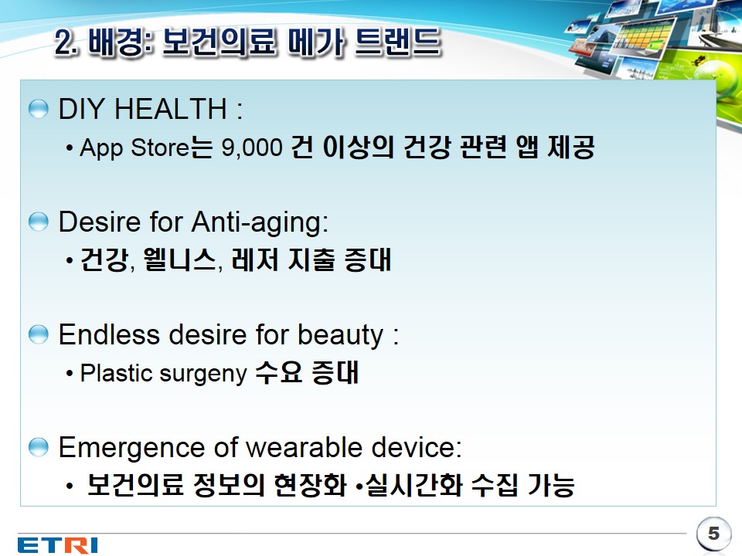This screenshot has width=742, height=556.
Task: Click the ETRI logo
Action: coord(58,544)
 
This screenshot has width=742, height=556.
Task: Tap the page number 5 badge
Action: coord(713,534)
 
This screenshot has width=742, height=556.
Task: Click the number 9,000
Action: coord(252,147)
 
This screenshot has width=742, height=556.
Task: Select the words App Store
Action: coord(134,147)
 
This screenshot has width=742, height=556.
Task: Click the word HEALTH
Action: coord(170,109)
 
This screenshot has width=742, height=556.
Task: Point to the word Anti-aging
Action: coord(260,222)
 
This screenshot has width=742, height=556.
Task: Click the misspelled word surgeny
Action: coord(203,374)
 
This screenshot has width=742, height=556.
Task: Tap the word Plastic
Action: coord(117,372)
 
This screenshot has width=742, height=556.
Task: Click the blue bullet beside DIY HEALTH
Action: coord(39,109)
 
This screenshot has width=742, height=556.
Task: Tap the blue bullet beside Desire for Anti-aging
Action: coord(39,222)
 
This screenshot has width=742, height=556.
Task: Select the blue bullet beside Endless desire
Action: coord(39,334)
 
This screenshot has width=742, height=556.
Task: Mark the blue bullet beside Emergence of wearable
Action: coord(39,447)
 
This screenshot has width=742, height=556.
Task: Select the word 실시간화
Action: coord(414,485)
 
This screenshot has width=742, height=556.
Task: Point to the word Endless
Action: coord(109,334)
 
